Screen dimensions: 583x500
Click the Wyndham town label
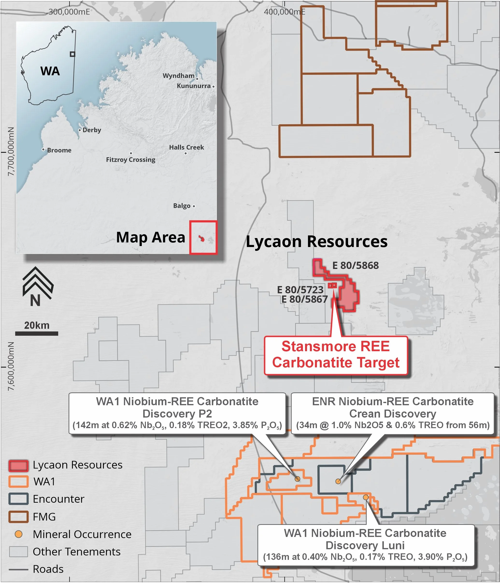[x=179, y=76]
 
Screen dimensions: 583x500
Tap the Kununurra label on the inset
[x=193, y=86]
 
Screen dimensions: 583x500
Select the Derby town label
[x=92, y=130]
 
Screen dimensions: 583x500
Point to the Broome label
[x=59, y=150]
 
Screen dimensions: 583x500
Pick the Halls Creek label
[x=186, y=147]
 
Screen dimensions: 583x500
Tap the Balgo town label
[x=182, y=206]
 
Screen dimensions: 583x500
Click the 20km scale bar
[x=37, y=333]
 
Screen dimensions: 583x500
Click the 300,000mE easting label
[x=69, y=12]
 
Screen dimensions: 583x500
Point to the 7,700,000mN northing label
[x=11, y=152]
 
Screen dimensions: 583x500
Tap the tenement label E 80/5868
[x=355, y=265]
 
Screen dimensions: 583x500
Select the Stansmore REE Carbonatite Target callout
[x=336, y=355]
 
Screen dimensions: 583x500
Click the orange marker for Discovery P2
[x=297, y=479]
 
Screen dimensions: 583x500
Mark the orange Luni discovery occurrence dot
[x=365, y=497]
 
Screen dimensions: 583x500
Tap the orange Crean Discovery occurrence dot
[x=338, y=481]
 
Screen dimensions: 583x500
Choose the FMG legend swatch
[x=18, y=517]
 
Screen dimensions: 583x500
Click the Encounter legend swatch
[x=18, y=499]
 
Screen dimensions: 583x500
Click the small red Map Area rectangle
[x=203, y=237]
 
